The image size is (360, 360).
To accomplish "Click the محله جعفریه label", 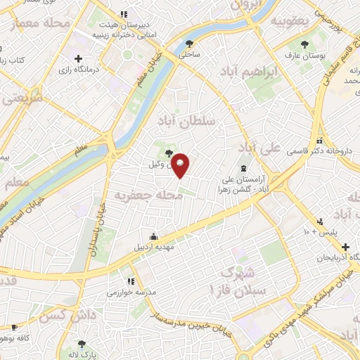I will pos(149,195).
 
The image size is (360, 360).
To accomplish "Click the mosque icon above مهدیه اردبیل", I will pos(153,236).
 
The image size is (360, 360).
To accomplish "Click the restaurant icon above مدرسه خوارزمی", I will pos(110,281).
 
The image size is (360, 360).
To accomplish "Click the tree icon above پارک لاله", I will pos(82,345).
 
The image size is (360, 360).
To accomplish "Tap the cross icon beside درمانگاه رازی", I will pos(78,58).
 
